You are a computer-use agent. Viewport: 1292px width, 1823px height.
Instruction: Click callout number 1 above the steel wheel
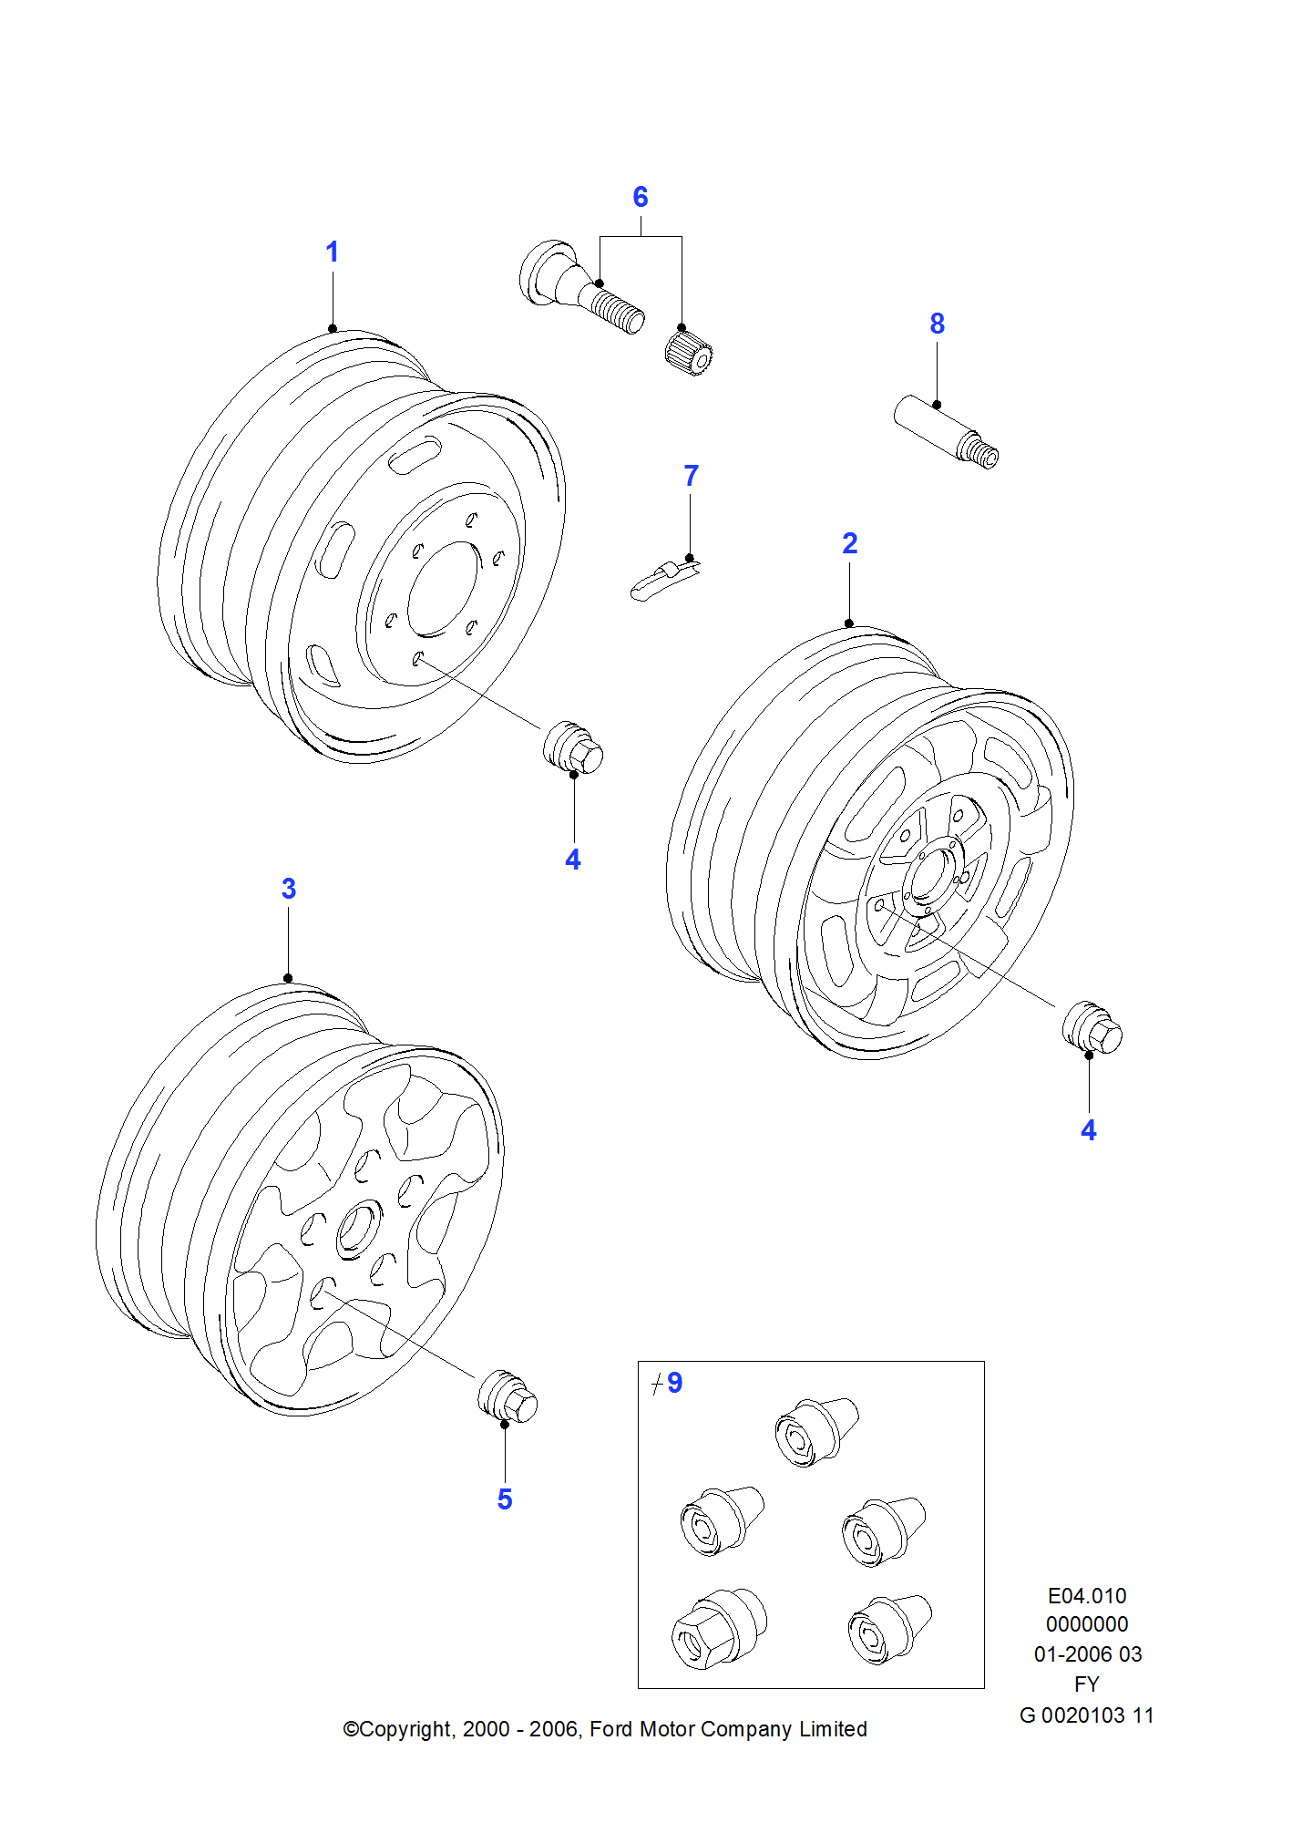tap(333, 252)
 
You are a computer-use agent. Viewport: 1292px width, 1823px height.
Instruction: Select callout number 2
tap(850, 543)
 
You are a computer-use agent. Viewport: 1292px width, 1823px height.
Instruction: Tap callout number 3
tap(289, 889)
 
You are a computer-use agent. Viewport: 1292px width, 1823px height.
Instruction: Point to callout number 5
tap(505, 1499)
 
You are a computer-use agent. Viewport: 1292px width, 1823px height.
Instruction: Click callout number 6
tap(641, 197)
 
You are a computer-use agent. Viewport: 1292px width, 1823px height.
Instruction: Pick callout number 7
tap(692, 476)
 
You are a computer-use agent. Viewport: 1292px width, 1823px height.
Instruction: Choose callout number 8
tap(938, 324)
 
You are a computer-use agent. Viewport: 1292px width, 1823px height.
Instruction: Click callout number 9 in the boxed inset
tap(674, 1383)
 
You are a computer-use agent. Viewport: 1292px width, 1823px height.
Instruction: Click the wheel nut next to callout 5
tap(508, 1396)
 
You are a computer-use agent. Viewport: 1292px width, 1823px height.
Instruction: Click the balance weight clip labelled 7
tap(662, 580)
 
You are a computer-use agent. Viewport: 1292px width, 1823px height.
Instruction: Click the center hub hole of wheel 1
tap(443, 589)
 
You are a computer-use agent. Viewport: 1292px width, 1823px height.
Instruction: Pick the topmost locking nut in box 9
tap(816, 1431)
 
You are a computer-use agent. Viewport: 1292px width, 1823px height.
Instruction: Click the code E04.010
tap(1087, 1595)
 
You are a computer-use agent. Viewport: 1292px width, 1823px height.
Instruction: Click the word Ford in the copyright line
tap(611, 1729)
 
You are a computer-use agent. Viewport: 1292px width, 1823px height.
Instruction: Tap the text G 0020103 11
tap(1086, 1715)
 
